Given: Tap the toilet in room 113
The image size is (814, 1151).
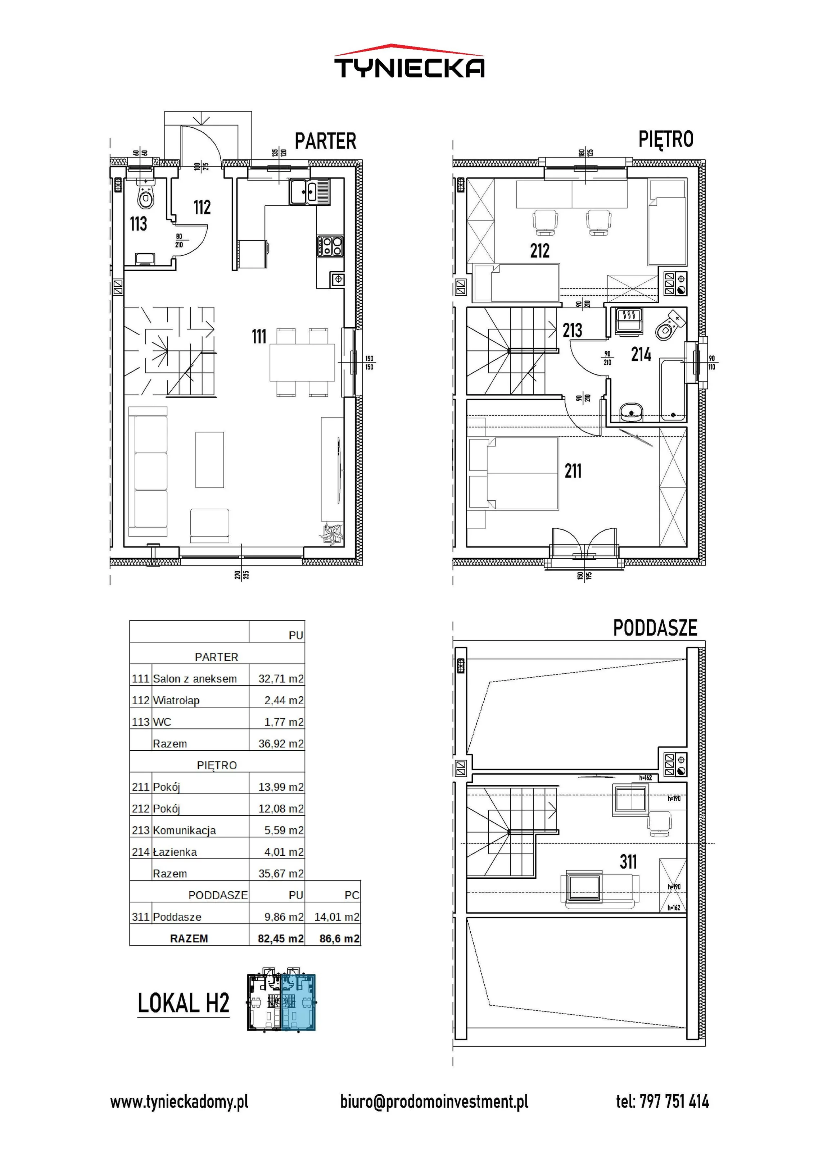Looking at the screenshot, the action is [x=146, y=195].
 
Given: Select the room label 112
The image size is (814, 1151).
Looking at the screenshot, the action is [x=202, y=207].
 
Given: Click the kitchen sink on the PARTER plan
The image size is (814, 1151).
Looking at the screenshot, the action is [x=309, y=191].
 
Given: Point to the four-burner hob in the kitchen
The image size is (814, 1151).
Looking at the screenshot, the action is [x=330, y=246].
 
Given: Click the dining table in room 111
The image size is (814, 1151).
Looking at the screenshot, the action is [x=302, y=363].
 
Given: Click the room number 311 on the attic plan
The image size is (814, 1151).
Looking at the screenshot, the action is [x=628, y=862].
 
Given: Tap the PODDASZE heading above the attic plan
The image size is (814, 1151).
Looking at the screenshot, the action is [x=655, y=628].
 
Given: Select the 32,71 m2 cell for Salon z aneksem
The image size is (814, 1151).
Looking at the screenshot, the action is [x=281, y=679].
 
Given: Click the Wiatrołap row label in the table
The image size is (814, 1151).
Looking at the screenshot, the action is [x=176, y=700].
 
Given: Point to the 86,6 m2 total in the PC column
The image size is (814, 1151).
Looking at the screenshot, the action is [x=340, y=938].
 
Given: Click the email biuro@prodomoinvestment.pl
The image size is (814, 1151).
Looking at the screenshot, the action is [x=434, y=1101].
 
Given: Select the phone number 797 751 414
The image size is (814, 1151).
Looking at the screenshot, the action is [x=675, y=1101].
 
